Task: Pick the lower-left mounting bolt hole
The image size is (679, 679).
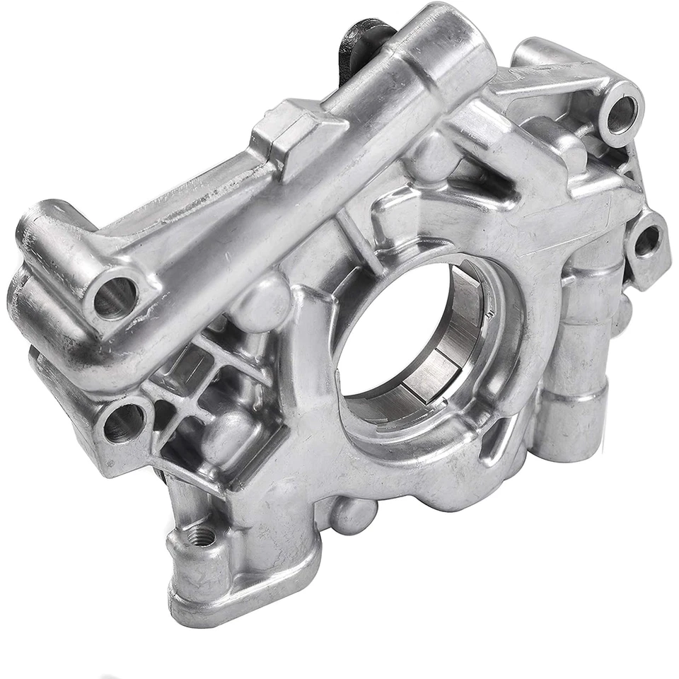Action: click(x=124, y=422)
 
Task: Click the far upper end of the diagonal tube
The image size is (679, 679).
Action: click(x=453, y=35)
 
